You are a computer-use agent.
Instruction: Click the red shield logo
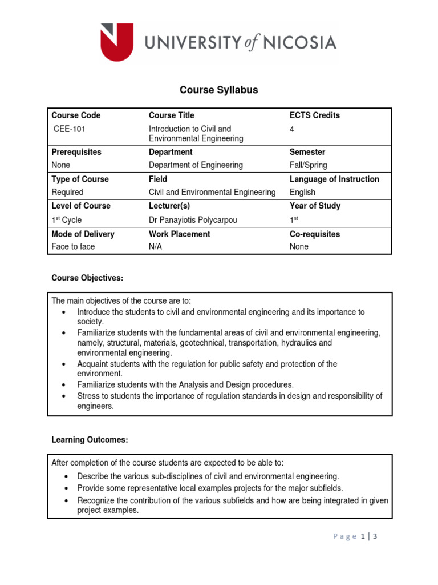[x=117, y=42]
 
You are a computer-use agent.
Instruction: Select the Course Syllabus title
[x=219, y=90]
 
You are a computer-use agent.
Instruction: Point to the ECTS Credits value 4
[x=292, y=129]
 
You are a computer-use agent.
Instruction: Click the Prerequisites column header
[x=76, y=152]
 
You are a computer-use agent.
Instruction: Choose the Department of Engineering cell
[x=196, y=165]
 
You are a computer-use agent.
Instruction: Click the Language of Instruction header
[x=334, y=179]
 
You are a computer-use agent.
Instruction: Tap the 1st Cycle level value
[x=67, y=219]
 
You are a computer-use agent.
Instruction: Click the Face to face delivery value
[x=73, y=247]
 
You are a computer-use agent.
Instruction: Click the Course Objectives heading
[x=87, y=278]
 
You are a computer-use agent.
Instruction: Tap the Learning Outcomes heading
[x=90, y=440]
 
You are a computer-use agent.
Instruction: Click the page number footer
[x=355, y=536]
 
